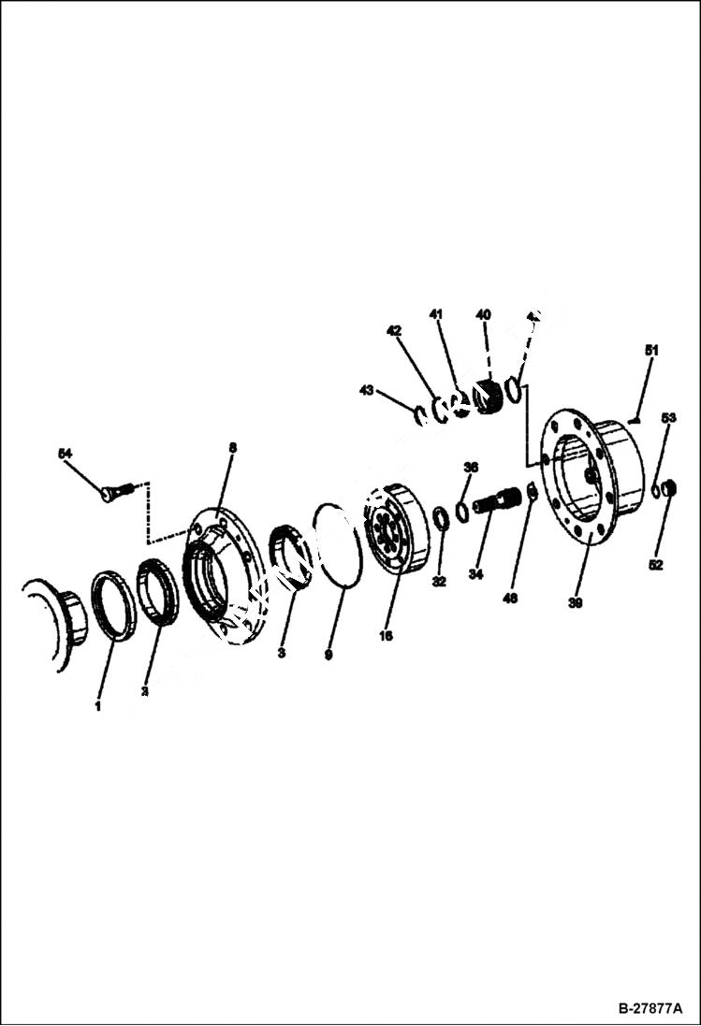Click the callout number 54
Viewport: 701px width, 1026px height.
(x=65, y=454)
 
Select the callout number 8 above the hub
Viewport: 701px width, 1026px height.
(x=232, y=448)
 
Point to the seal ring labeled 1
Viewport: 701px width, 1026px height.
(x=113, y=607)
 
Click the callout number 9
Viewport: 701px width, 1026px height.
(x=329, y=656)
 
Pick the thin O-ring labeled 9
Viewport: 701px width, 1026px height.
(x=337, y=546)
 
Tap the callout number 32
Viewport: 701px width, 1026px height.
(x=439, y=582)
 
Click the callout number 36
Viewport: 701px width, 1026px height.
(x=471, y=467)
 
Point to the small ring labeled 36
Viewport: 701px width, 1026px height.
(x=463, y=510)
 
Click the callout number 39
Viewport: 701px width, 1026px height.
(x=576, y=603)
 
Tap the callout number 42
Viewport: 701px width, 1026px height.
(x=394, y=330)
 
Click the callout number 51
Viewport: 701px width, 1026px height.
(x=651, y=350)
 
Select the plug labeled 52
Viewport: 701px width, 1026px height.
(x=668, y=487)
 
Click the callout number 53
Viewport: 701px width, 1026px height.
(x=668, y=417)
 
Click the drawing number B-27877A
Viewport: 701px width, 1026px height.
(x=650, y=1010)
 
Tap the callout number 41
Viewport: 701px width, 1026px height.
(x=436, y=313)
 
